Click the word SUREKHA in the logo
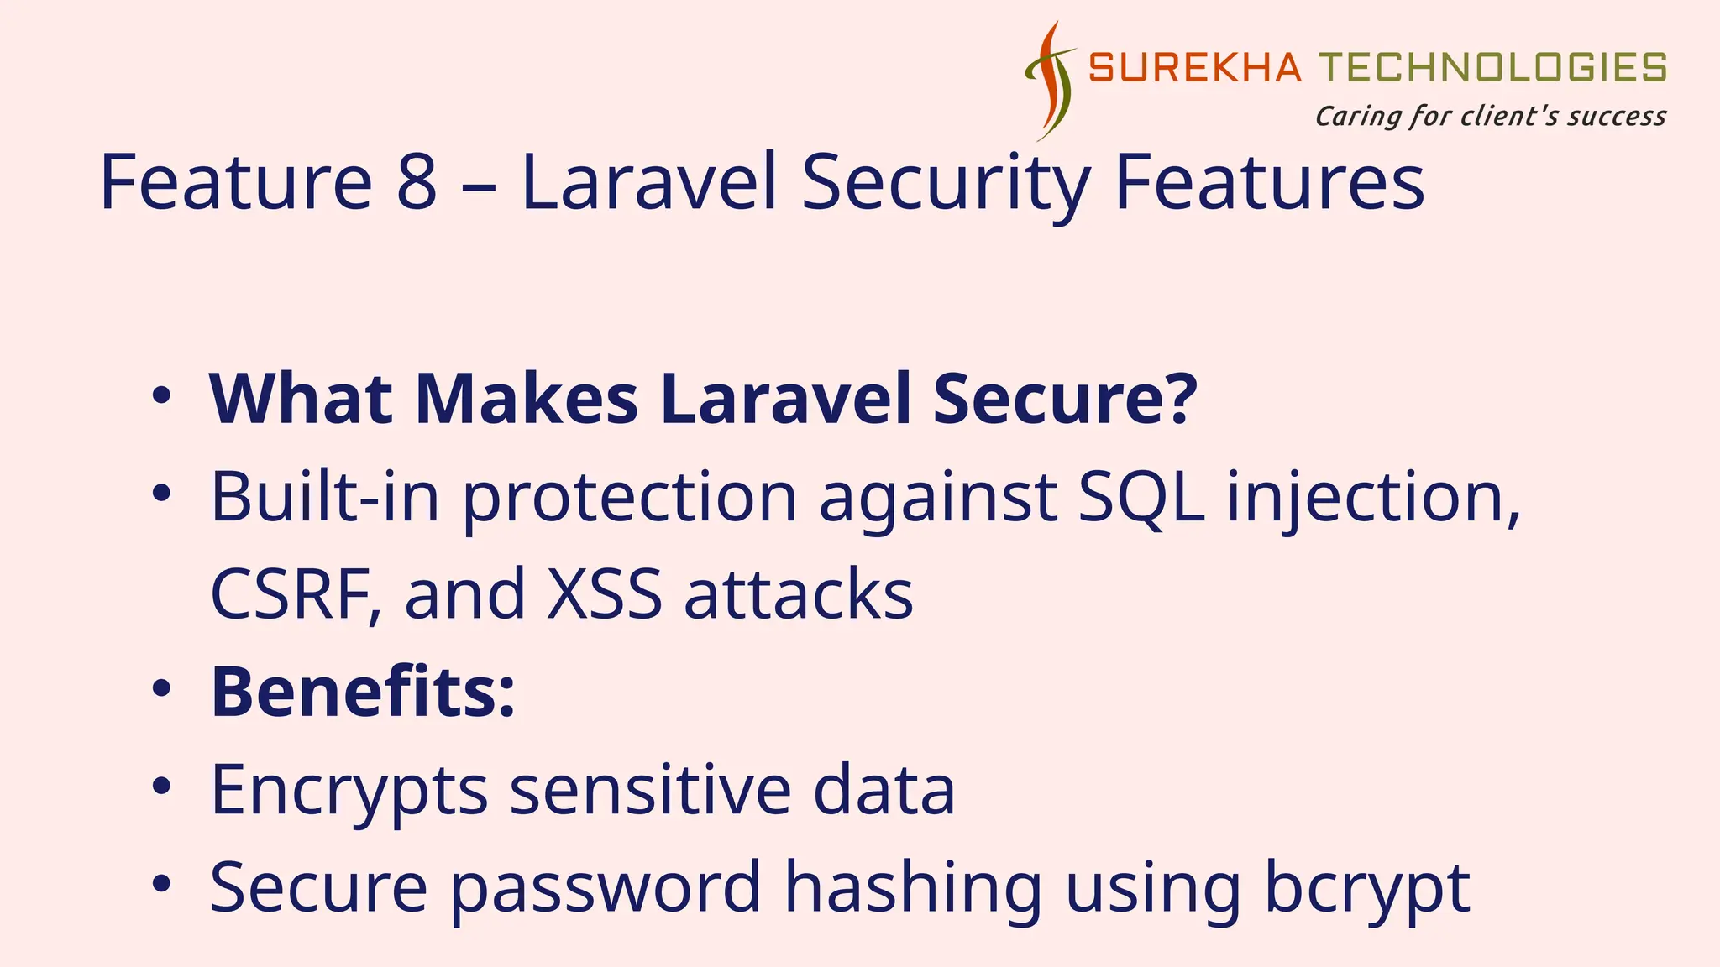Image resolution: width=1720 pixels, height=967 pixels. click(1194, 68)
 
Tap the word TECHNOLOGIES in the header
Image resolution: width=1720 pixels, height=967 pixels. click(1492, 68)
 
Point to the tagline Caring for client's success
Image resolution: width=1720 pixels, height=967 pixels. click(1490, 116)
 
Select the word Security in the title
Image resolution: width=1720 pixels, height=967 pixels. click(946, 182)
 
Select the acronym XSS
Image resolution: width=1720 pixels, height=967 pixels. click(604, 594)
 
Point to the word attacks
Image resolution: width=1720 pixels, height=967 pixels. click(799, 594)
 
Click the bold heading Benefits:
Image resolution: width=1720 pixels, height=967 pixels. click(362, 692)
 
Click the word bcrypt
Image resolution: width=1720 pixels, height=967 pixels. click(1366, 888)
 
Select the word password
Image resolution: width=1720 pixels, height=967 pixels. click(606, 888)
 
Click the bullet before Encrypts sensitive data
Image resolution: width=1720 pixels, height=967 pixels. click(161, 787)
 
